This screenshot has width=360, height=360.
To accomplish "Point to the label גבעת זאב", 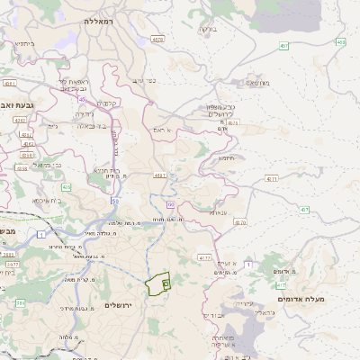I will [x=19, y=105].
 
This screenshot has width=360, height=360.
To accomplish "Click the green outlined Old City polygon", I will [x=158, y=285].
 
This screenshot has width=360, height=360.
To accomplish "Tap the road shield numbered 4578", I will [x=158, y=40].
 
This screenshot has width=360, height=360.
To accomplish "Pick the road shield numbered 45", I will [x=81, y=99].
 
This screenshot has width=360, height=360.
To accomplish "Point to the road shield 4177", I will [x=204, y=257].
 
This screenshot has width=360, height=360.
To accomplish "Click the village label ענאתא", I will [x=219, y=213].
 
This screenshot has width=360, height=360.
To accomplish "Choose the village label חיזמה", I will [x=226, y=157].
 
